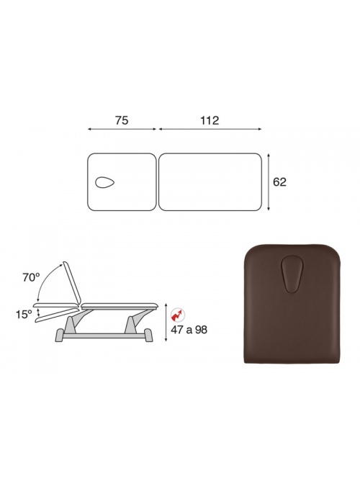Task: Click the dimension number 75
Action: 122,120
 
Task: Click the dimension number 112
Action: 210,120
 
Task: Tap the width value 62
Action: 279,182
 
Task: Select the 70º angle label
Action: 31,277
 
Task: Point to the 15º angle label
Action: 24,315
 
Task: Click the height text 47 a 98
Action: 189,330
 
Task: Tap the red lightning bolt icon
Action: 177,315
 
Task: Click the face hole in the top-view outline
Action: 105,183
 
